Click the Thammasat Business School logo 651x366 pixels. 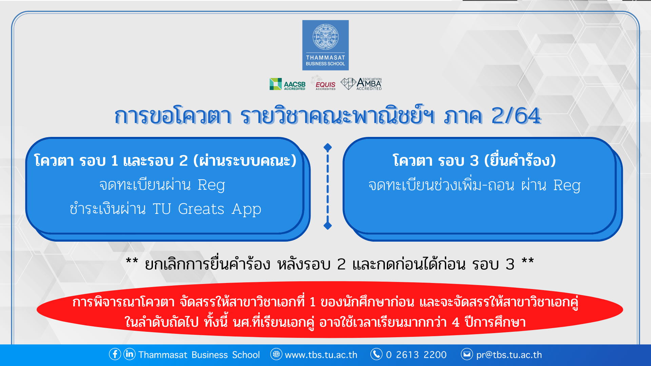coord(325,45)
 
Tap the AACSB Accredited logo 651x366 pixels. coord(288,84)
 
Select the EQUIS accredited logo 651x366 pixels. coord(324,83)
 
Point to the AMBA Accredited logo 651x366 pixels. coord(361,84)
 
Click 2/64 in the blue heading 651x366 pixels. coord(516,116)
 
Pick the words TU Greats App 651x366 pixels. coord(207,209)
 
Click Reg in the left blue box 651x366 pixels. coord(211,185)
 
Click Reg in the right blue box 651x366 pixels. coord(567,185)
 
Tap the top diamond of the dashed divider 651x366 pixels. coord(328,147)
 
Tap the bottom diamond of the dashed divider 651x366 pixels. coord(328,225)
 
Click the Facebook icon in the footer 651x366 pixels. coord(115,354)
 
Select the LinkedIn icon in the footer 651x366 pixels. coord(129,354)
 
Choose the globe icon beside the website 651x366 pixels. coord(276,354)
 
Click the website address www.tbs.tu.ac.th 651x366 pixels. coord(321,355)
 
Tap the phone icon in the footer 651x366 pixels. coord(376,354)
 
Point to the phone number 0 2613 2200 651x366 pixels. coord(416,355)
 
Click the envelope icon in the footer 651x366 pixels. coord(467,354)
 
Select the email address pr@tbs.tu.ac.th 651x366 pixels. coord(509,355)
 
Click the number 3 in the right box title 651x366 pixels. coord(474,161)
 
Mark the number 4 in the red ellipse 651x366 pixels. coord(456,322)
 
